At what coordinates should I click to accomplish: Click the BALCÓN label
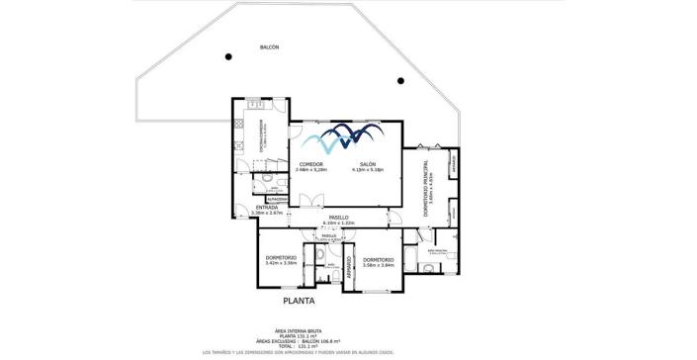pyautogui.click(x=269, y=47)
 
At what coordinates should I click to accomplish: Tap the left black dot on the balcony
pyautogui.click(x=228, y=55)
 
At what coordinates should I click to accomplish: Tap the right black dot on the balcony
pyautogui.click(x=400, y=80)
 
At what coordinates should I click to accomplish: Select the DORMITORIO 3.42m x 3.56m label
pyautogui.click(x=281, y=260)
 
